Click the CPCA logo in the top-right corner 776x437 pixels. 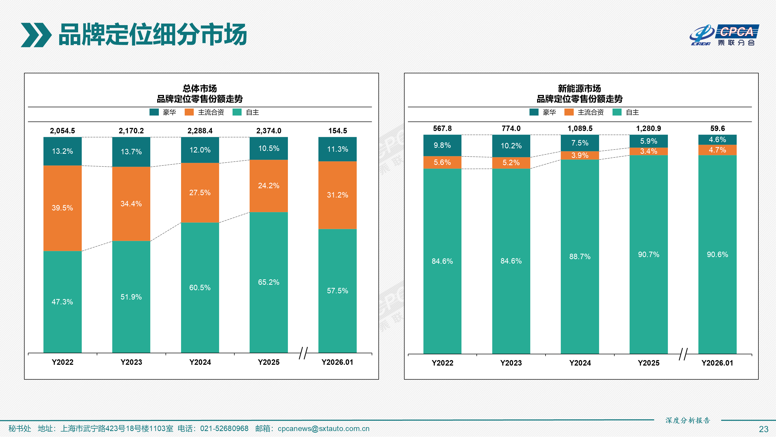pos(724,35)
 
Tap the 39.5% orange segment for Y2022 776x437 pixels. pos(62,208)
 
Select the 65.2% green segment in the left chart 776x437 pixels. pos(268,282)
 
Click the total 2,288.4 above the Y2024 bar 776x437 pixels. pos(200,130)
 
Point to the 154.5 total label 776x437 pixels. pos(337,130)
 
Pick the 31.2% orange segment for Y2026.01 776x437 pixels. pos(337,195)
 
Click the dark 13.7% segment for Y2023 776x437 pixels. pos(131,151)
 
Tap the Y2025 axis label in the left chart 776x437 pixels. pos(268,362)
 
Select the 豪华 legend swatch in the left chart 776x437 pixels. pos(154,112)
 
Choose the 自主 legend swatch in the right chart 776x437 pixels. pos(617,112)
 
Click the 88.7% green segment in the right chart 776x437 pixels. pos(580,256)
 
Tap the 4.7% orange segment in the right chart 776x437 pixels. pos(717,150)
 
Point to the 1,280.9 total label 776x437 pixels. pos(648,128)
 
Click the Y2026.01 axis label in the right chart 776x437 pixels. pos(717,363)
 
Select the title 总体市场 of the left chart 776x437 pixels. pos(200,88)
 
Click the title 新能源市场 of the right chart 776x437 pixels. pos(579,88)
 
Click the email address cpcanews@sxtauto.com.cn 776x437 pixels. pos(323,428)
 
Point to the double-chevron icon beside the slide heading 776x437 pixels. pos(36,35)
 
